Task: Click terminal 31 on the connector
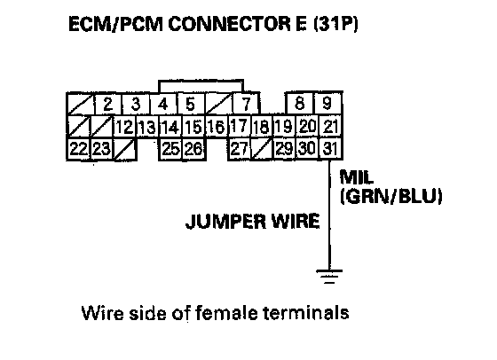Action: tap(330, 148)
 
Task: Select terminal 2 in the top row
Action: tap(108, 104)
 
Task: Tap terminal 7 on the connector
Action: tap(246, 104)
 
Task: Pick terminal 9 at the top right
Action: tap(327, 103)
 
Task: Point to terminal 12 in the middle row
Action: tap(124, 127)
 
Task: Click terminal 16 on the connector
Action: tap(217, 127)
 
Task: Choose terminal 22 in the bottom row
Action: tap(79, 148)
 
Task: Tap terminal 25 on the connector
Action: tap(170, 148)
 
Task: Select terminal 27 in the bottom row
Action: tap(240, 148)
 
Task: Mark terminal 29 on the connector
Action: tap(284, 148)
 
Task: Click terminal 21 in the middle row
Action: tap(330, 127)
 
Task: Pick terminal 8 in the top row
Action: tap(300, 103)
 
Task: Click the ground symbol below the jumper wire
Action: tap(329, 277)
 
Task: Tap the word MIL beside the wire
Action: tap(357, 177)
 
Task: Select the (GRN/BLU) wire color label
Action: tap(391, 197)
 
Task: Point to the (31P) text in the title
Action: tap(335, 24)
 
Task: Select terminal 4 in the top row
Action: tap(163, 104)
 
